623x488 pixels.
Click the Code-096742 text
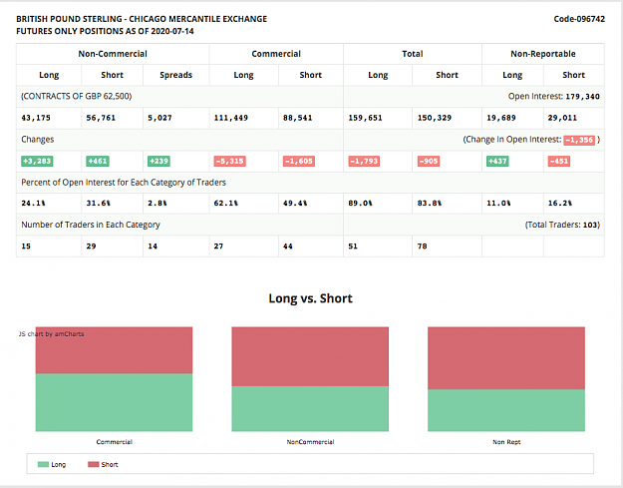point(579,19)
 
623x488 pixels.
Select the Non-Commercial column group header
point(113,54)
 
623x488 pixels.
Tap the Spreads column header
point(175,75)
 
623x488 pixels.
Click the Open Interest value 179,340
point(582,97)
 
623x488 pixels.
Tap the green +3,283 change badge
point(37,161)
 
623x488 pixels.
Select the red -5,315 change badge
point(229,161)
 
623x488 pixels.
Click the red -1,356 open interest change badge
point(579,140)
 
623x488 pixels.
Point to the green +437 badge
point(497,161)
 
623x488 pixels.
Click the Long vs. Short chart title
point(310,298)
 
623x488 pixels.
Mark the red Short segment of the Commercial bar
point(114,350)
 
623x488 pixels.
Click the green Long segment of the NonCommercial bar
point(310,408)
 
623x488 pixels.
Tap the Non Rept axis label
point(506,442)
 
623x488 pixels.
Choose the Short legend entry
point(103,464)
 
